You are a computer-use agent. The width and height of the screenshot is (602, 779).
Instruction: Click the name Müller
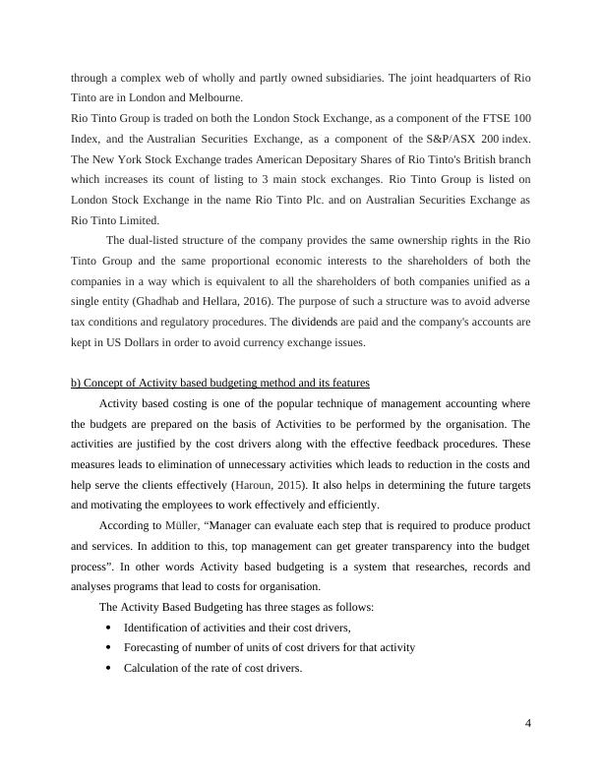click(x=171, y=526)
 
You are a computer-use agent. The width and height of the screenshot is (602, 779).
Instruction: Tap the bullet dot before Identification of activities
click(x=107, y=628)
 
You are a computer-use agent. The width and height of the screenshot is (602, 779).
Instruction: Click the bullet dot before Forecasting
click(x=107, y=648)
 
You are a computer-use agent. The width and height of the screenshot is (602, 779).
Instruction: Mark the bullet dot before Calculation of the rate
click(x=107, y=669)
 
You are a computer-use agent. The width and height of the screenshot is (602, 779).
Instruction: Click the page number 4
click(x=528, y=725)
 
